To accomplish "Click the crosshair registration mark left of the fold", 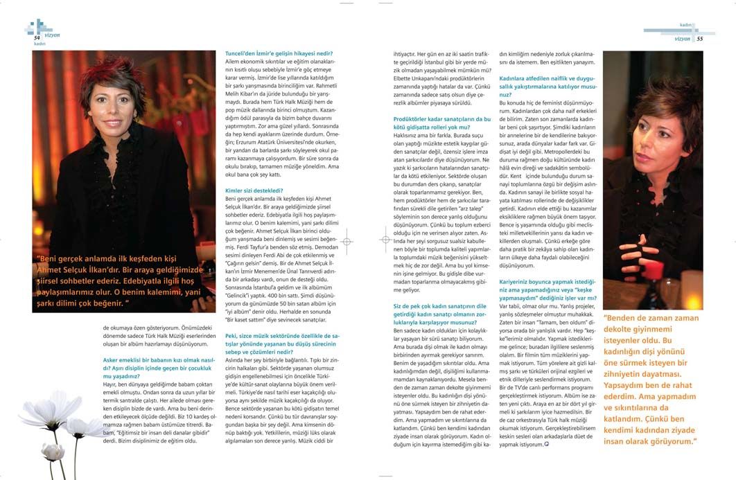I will (347, 238).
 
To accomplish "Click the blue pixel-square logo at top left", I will (35, 27).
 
